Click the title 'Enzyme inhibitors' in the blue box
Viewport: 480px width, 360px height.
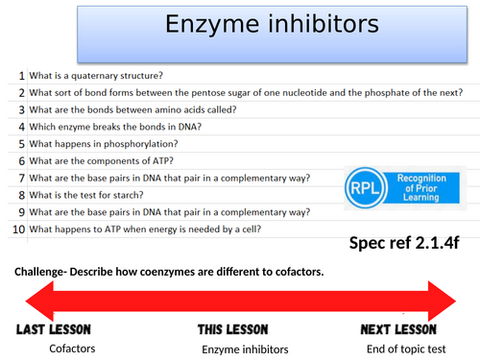(240, 27)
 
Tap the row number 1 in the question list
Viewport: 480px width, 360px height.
(21, 76)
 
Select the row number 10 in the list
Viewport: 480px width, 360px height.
(18, 229)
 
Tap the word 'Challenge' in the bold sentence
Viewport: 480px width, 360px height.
(43, 272)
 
